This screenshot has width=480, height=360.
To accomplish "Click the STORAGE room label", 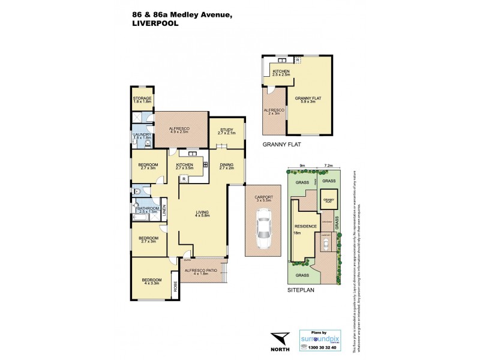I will point(142,98).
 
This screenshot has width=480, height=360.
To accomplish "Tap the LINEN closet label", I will point(164,212).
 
